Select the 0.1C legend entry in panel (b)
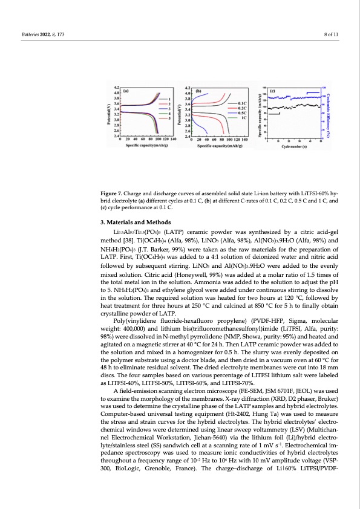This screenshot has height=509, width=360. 244,104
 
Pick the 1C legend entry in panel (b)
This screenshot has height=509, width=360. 244,117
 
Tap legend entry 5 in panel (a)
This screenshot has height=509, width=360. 169,118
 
